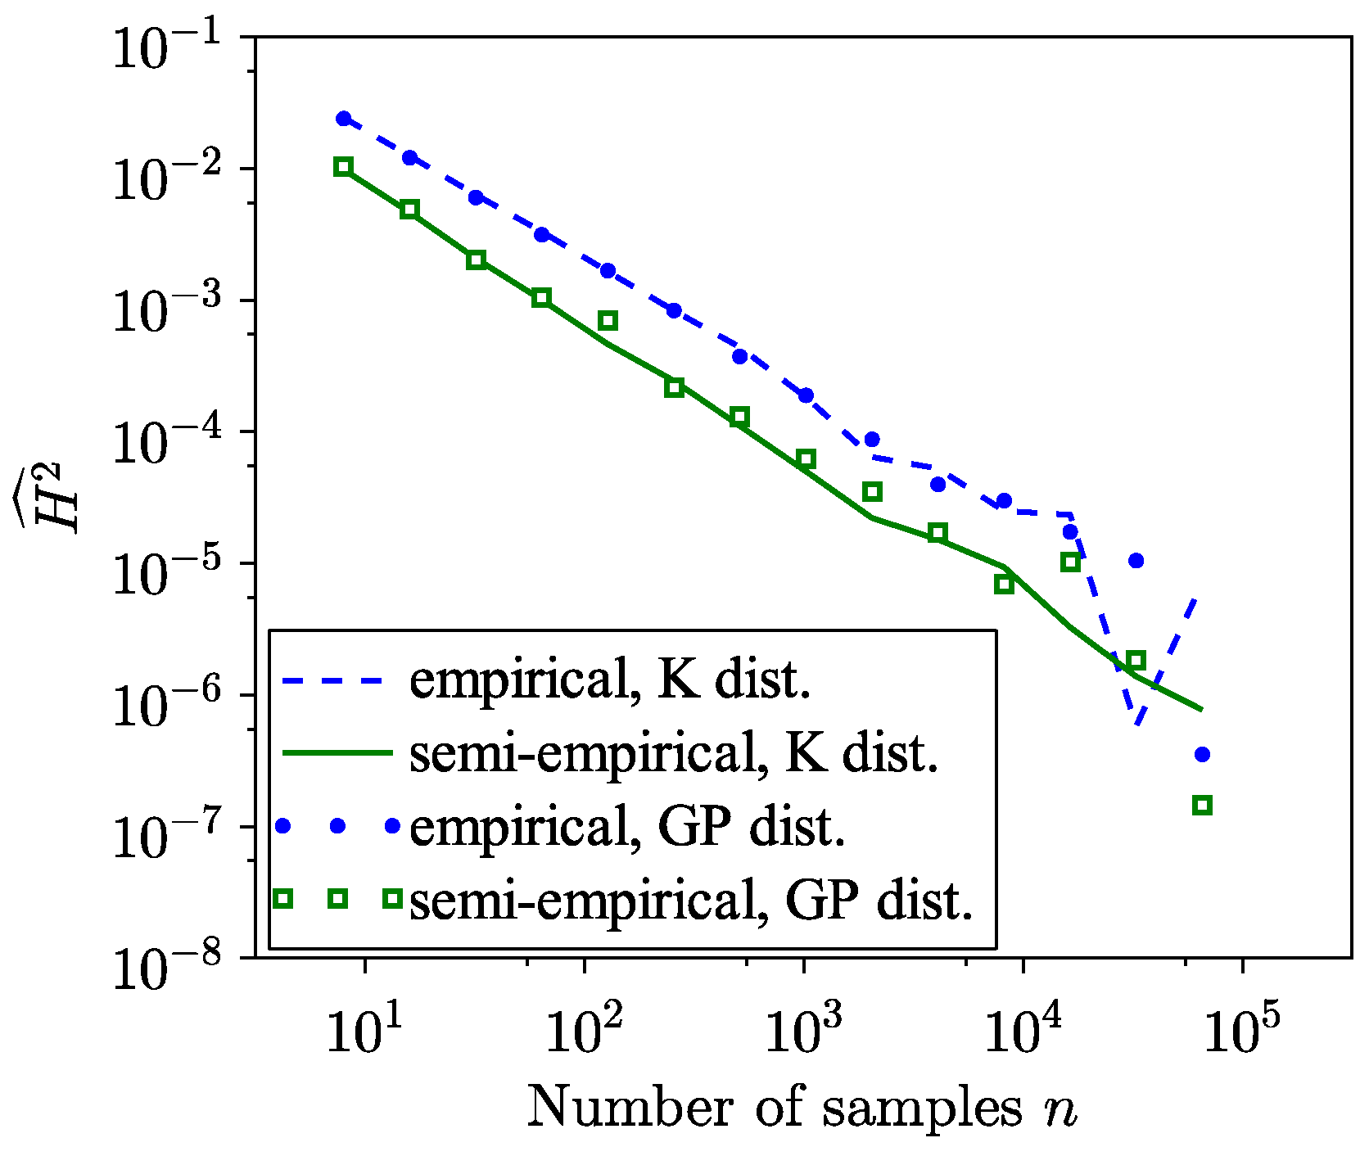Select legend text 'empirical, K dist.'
pyautogui.click(x=610, y=679)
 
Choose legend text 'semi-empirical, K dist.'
pyautogui.click(x=673, y=752)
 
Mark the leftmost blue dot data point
pyautogui.click(x=344, y=119)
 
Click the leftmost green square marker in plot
pyautogui.click(x=344, y=167)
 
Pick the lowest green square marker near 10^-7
pyautogui.click(x=1202, y=805)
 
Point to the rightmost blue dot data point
pyautogui.click(x=1202, y=754)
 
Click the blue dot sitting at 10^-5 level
pyautogui.click(x=1136, y=561)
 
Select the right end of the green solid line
pyautogui.click(x=1201, y=709)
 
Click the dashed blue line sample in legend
pyautogui.click(x=332, y=680)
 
